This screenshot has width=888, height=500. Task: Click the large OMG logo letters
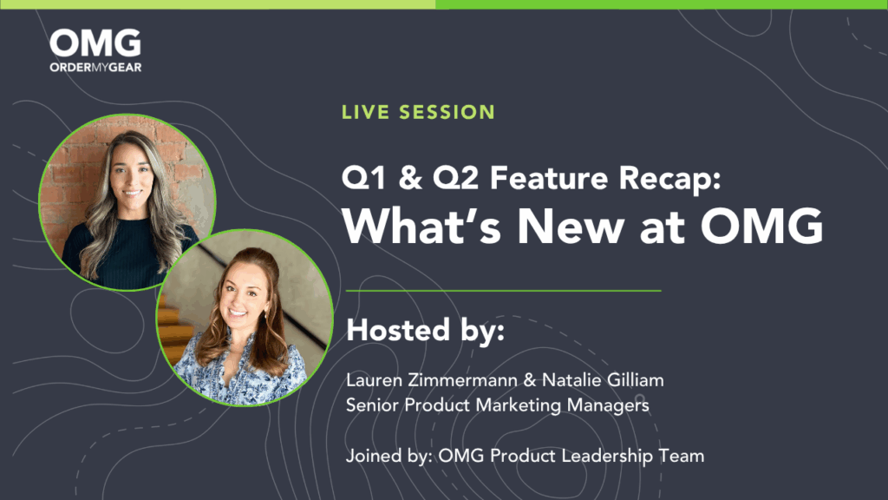click(x=95, y=43)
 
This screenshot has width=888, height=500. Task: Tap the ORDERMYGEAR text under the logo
click(x=95, y=68)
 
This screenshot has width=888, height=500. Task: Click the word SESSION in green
click(x=447, y=112)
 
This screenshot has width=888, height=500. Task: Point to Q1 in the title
click(x=364, y=178)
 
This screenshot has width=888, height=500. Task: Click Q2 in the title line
click(x=455, y=178)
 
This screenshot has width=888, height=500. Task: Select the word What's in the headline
click(x=421, y=226)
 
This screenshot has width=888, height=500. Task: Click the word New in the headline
click(x=571, y=226)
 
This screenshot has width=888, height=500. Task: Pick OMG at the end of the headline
click(x=761, y=226)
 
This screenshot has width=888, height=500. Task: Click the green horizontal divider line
click(x=504, y=291)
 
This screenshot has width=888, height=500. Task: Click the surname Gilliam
click(x=635, y=380)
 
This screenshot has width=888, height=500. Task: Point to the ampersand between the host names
click(x=530, y=380)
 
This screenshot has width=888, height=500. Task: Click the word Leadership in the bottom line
click(x=607, y=456)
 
